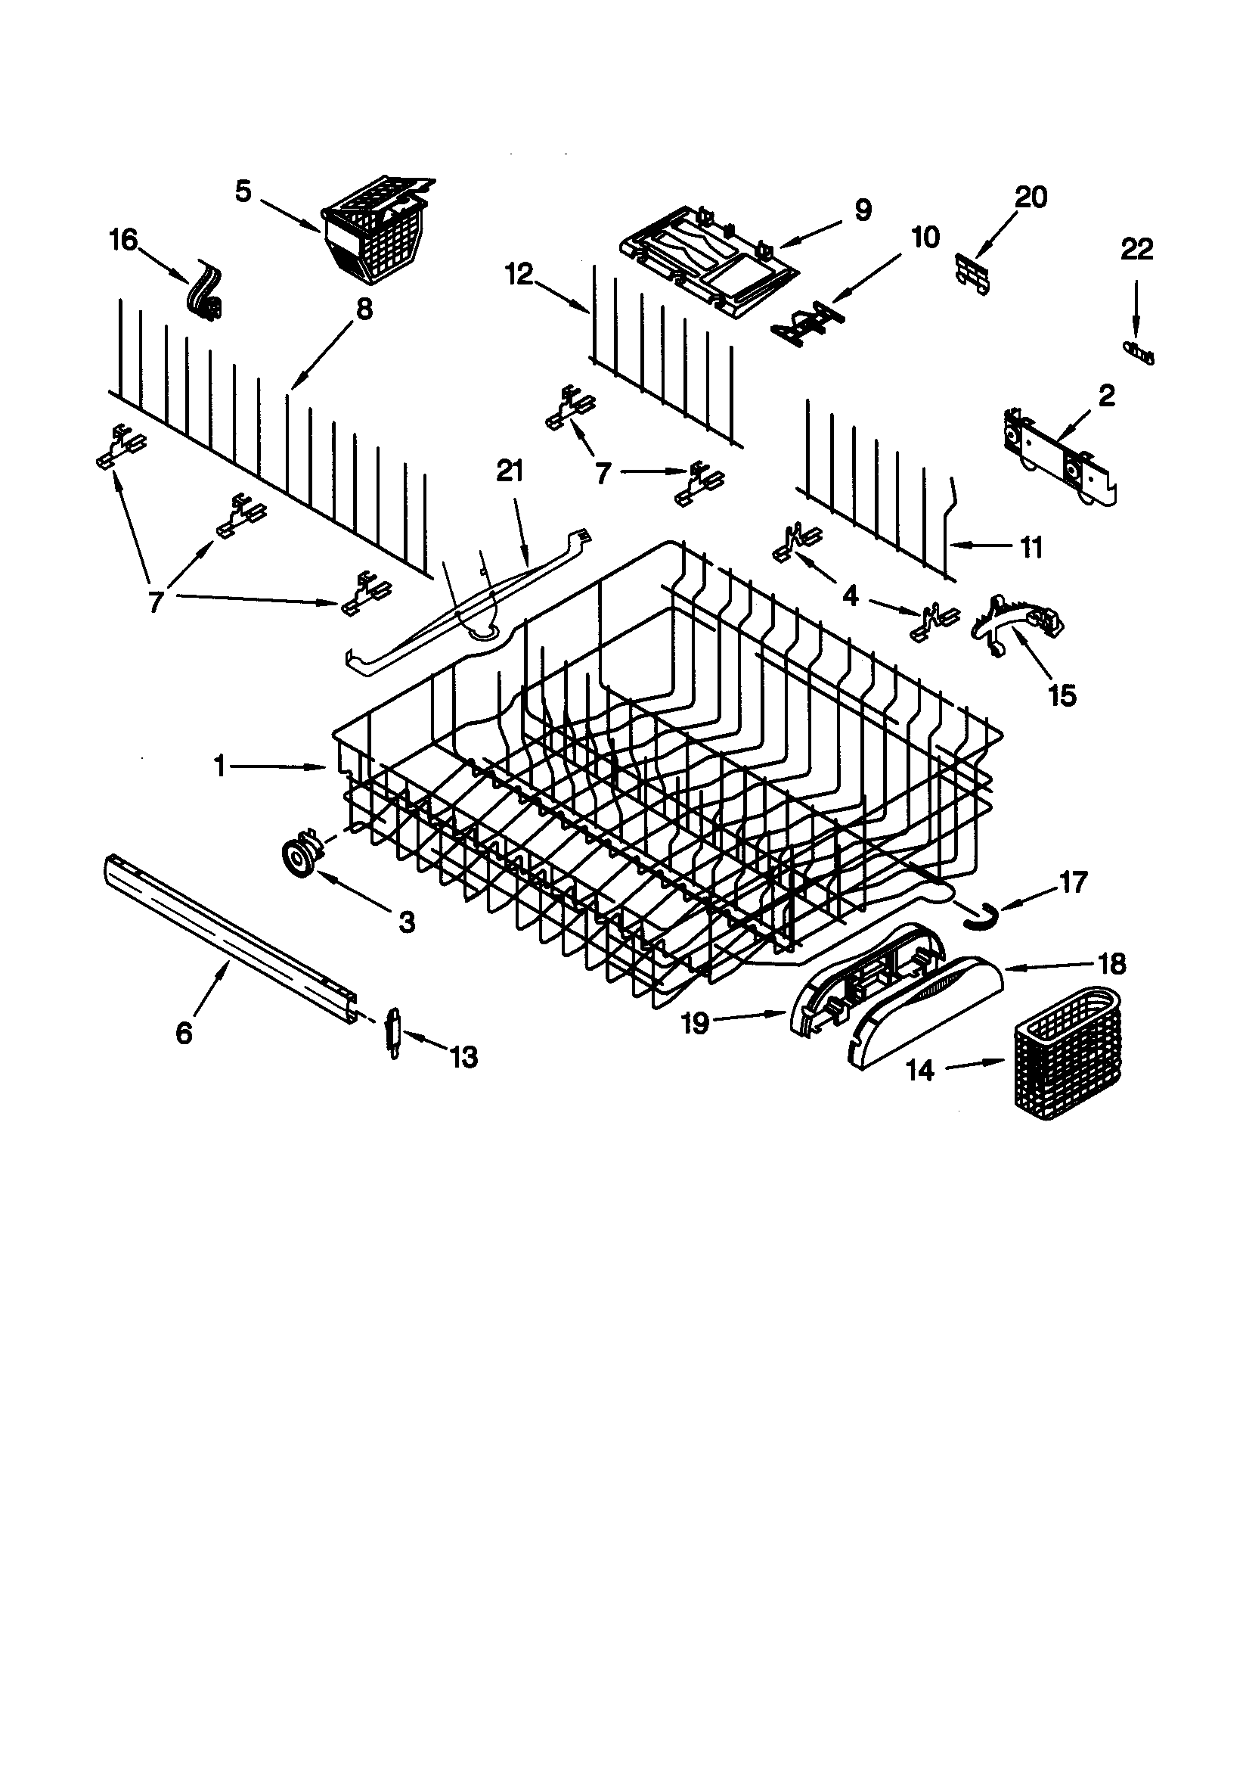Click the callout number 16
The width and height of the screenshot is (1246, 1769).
(122, 241)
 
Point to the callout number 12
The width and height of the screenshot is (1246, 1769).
(520, 275)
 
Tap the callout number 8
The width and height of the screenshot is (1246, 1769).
(364, 309)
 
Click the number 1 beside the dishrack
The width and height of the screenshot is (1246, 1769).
(220, 766)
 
